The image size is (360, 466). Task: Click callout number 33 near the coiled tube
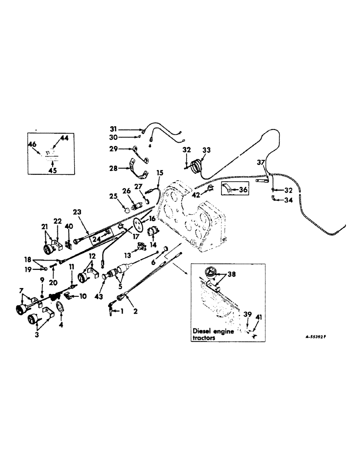click(206, 150)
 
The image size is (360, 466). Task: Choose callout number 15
click(159, 172)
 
